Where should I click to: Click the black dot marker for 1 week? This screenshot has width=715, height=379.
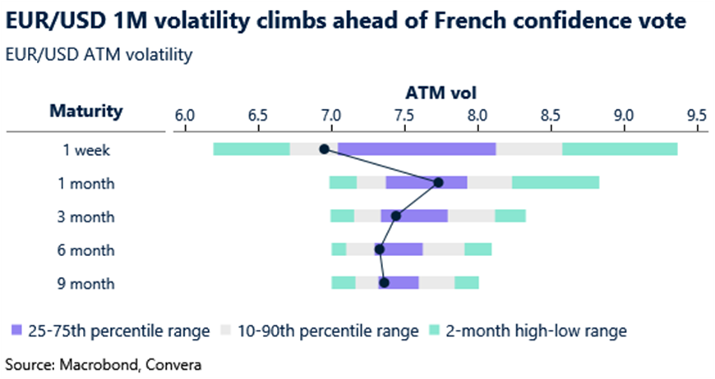tap(324, 148)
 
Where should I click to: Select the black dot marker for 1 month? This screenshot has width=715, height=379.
tap(438, 182)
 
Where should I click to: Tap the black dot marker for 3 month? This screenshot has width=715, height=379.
tap(395, 216)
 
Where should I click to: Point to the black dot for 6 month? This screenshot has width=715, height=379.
tap(379, 249)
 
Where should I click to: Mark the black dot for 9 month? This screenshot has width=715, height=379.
tap(383, 283)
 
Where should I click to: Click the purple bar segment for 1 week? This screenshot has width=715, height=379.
tap(417, 148)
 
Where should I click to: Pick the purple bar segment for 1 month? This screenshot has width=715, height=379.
tap(426, 182)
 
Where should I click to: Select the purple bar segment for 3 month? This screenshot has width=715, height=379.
tap(414, 216)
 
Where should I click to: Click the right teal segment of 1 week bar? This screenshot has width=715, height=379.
tap(620, 148)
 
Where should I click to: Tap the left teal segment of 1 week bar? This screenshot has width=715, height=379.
tap(251, 148)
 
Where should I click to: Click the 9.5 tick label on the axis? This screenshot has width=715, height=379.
tap(696, 116)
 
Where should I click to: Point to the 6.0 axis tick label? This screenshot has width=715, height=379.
tap(184, 116)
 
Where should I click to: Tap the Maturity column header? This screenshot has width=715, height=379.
tap(86, 111)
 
